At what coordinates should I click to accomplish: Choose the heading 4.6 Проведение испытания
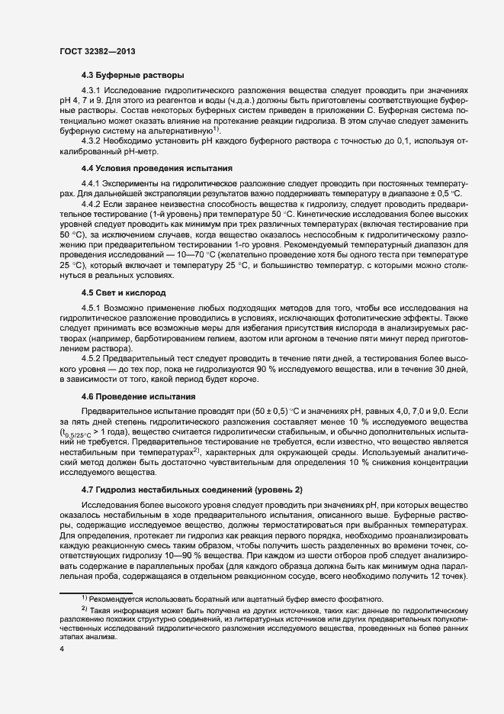[x=140, y=397]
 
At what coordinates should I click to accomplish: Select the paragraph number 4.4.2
[x=95, y=206]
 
